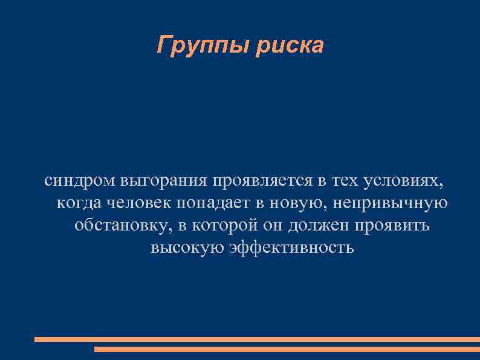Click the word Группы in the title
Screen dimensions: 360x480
click(202, 45)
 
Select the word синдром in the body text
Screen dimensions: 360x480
click(80, 180)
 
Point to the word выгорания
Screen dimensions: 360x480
click(163, 180)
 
